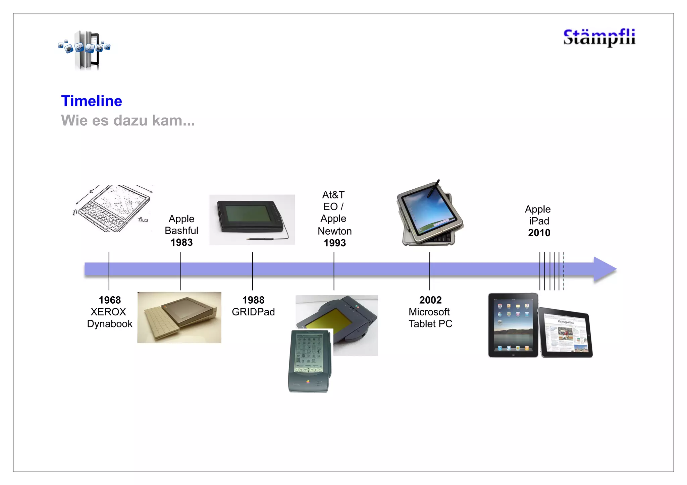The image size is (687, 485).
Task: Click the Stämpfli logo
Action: (599, 37)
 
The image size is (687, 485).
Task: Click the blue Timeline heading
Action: (92, 101)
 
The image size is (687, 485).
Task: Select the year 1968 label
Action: (110, 300)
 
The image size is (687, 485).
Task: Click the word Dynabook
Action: (110, 324)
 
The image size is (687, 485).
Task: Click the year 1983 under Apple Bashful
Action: (181, 242)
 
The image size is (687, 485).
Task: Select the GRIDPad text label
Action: (253, 312)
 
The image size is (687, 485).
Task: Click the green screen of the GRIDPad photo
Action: (248, 214)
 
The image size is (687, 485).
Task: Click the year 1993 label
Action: (334, 243)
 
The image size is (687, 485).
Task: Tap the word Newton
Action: (334, 231)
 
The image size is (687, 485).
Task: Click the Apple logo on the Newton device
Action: (308, 381)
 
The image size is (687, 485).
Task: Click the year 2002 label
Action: (430, 300)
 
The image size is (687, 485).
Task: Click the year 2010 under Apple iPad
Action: (539, 233)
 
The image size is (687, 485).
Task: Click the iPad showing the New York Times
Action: (566, 334)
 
